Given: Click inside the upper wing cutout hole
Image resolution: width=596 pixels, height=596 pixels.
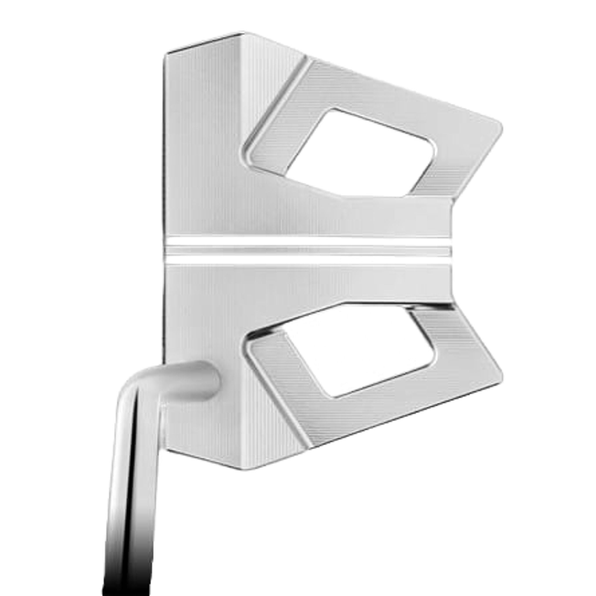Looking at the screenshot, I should click(x=355, y=154).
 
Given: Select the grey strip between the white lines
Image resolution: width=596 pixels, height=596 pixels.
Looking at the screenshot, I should click(x=308, y=251).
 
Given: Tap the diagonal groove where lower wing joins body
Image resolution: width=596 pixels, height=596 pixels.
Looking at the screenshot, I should click(x=279, y=401).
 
